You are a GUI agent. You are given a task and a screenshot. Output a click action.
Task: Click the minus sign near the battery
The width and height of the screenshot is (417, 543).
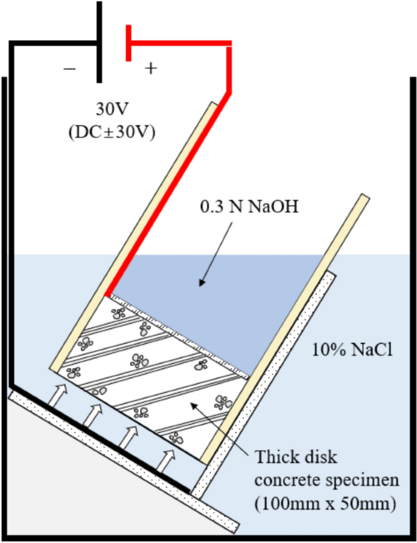(70, 69)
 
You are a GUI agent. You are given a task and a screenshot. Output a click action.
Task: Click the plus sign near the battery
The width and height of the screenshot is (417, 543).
(150, 68)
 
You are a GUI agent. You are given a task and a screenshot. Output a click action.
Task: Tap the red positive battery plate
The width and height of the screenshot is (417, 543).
(128, 43)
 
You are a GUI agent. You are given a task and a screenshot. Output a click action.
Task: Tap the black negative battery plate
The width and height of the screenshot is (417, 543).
(99, 43)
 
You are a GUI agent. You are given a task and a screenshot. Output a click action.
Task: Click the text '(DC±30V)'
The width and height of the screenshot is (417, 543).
(112, 131)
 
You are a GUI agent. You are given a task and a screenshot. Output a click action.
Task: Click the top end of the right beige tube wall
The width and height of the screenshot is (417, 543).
(363, 199)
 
